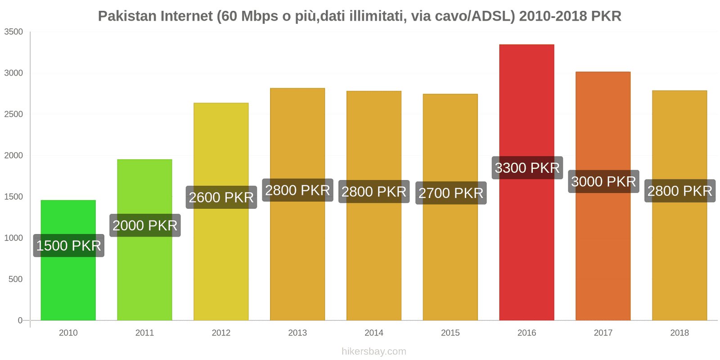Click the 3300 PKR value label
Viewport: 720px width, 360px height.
(527, 168)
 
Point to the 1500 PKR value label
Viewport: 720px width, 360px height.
(68, 246)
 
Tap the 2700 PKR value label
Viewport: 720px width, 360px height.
(450, 193)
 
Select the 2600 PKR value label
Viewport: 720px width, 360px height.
(221, 197)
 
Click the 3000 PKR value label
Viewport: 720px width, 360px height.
(603, 181)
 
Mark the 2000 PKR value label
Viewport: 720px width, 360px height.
(145, 225)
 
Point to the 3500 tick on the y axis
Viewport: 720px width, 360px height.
(13, 32)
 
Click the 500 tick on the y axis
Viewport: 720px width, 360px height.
(15, 279)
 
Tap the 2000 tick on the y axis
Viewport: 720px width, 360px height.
(13, 156)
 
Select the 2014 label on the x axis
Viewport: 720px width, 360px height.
(373, 333)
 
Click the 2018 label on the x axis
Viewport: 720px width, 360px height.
(679, 333)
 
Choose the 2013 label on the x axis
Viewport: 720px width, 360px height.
(297, 333)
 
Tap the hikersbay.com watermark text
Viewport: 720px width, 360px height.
(373, 351)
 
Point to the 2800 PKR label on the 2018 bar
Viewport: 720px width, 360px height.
(679, 191)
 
